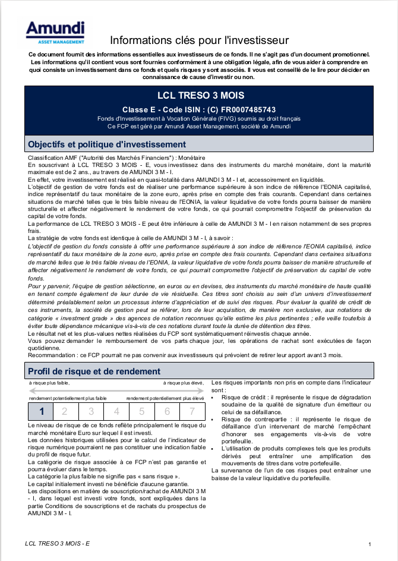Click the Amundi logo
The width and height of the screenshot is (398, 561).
(55, 33)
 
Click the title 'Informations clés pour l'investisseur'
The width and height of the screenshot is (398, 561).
(199, 40)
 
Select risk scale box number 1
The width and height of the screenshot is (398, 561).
(41, 411)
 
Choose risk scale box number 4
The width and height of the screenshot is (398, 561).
(116, 411)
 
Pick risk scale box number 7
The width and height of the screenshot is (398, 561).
(192, 411)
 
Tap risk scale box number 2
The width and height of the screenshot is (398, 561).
(66, 411)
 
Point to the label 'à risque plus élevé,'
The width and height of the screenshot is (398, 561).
(184, 383)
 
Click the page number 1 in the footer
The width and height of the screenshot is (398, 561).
(370, 544)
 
